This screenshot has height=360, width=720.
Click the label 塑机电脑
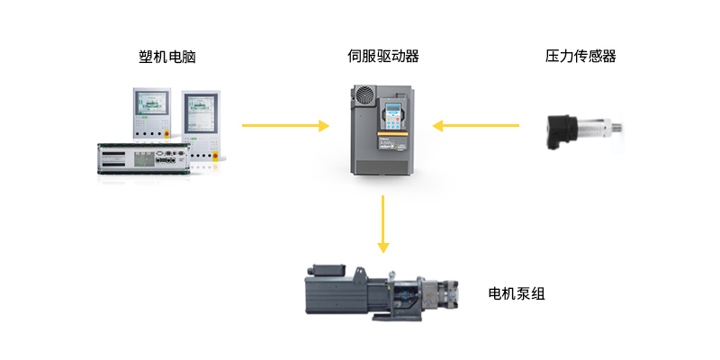click(162, 57)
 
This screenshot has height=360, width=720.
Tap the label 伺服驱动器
click(383, 57)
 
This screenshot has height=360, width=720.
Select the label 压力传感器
click(580, 57)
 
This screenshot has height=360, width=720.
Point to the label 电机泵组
click(517, 294)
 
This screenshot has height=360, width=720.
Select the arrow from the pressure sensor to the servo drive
click(476, 126)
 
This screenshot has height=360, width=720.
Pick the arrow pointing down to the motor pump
click(383, 221)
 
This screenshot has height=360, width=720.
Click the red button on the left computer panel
click(166, 136)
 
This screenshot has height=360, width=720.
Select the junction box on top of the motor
click(328, 270)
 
